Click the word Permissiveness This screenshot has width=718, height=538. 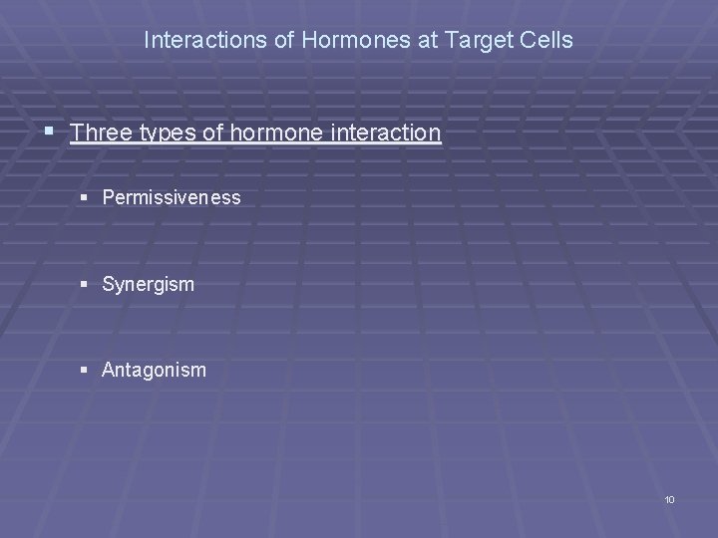pos(172,198)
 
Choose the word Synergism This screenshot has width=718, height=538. pos(149,285)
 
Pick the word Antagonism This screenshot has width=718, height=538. pos(154,370)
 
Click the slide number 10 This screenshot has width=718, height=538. pos(669,499)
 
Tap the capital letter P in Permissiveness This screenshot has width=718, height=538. pos(108,198)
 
